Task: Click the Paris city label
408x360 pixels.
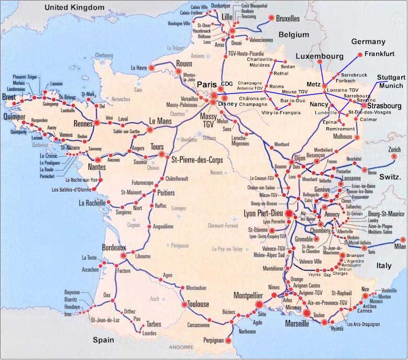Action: pos(206,85)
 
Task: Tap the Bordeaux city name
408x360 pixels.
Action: pos(114,246)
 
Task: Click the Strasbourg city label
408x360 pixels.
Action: pos(381,106)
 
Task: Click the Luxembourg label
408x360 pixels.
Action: pos(319,56)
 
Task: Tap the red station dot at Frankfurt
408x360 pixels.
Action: pos(359,54)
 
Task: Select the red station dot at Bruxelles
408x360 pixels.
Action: pos(271,18)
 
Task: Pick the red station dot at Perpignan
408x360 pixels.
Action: pos(228,341)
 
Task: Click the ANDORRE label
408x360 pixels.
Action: pos(182,347)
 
